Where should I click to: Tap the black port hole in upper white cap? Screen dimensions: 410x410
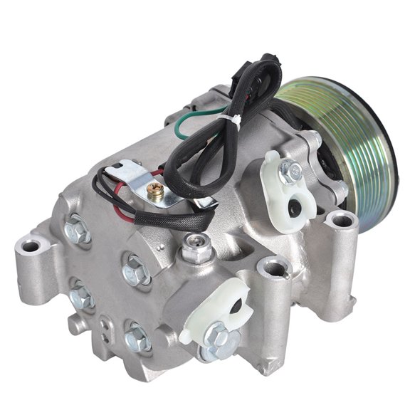[293, 210]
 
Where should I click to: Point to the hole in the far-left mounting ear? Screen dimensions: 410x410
[29, 248]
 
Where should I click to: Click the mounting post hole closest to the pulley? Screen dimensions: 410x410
[342, 220]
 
